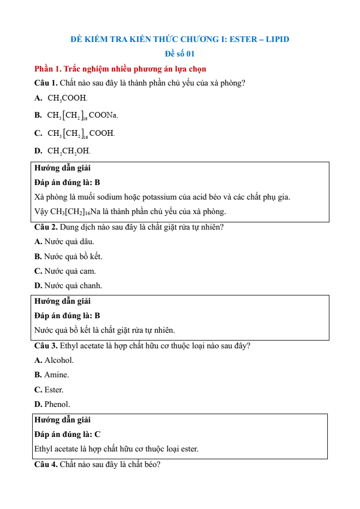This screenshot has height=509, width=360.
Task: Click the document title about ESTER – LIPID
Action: (x=179, y=39)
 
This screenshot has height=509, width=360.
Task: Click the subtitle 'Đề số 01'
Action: (x=179, y=54)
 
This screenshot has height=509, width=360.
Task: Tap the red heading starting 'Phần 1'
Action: (x=120, y=69)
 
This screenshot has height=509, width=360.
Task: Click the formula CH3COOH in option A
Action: (x=67, y=98)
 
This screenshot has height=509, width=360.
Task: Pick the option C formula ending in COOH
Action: (x=81, y=133)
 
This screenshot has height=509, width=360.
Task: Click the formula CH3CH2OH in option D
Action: (x=69, y=151)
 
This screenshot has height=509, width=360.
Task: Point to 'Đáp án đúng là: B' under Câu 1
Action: (x=67, y=182)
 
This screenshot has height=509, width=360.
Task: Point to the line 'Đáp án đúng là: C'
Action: (x=67, y=434)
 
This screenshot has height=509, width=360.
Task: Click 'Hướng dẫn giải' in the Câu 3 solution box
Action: (x=62, y=420)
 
